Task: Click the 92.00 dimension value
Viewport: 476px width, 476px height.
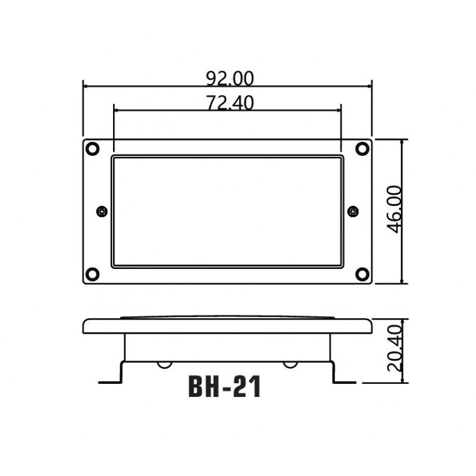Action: [x=230, y=79]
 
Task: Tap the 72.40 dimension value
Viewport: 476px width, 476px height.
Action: [x=230, y=102]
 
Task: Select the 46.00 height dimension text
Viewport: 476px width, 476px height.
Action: [x=395, y=209]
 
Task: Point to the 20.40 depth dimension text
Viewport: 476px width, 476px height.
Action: [x=395, y=349]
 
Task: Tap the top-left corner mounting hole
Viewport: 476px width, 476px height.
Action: [x=92, y=149]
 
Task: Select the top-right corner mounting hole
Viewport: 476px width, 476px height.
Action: [x=362, y=149]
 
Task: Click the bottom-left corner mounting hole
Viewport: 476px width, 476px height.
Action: [x=92, y=274]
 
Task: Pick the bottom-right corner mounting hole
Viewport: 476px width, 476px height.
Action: [x=362, y=274]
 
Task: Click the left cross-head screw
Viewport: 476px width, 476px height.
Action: [x=102, y=211]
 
